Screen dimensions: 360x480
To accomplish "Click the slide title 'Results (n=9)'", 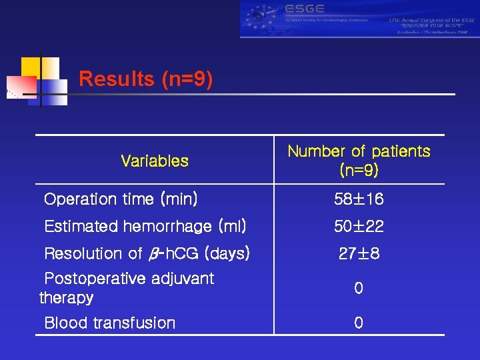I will (146, 79).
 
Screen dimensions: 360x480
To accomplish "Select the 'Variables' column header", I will (155, 161).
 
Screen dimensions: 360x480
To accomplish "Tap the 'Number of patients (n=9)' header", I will (359, 161).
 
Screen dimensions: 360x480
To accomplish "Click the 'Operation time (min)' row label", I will (120, 199).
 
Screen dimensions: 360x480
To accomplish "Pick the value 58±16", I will (359, 199).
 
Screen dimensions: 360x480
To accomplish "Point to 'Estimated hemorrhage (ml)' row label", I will (145, 227).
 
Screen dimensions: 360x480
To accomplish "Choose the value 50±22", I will (359, 227).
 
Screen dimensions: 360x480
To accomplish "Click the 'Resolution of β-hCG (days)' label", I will (147, 253).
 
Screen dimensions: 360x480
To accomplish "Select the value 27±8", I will (359, 253).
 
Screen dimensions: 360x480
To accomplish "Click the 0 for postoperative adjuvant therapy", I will (359, 289).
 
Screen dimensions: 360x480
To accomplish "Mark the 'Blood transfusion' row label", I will (109, 323).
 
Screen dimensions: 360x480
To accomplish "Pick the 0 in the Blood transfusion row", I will (359, 323).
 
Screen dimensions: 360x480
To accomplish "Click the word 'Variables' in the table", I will (155, 161).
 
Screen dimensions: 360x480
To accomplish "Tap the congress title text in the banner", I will (431, 21).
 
